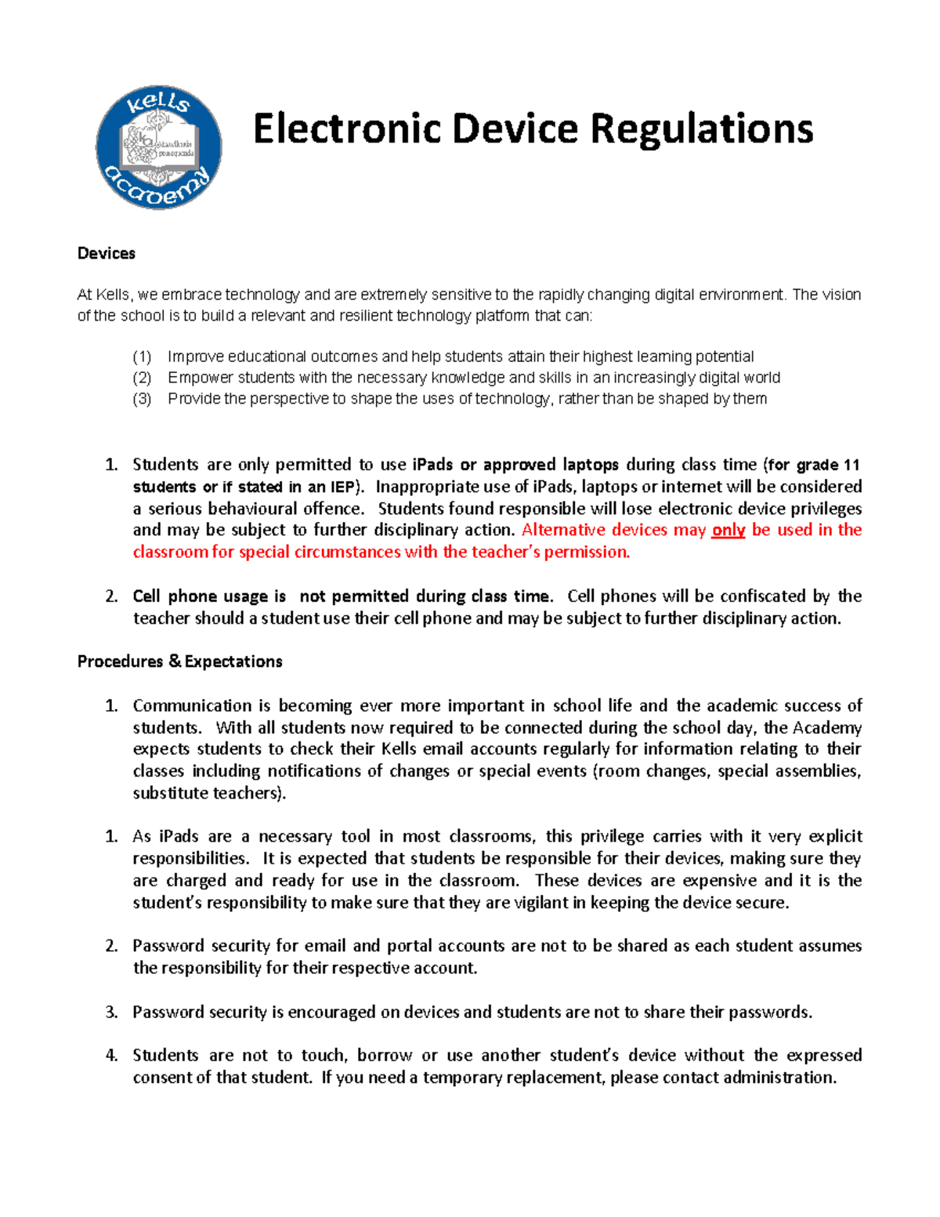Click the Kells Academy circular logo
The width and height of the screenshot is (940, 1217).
(x=159, y=147)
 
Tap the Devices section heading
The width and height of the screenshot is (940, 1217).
(x=107, y=253)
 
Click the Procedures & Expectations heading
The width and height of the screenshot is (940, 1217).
(x=179, y=661)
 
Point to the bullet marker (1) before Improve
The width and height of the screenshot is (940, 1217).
(x=142, y=357)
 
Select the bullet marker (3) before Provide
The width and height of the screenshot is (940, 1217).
(x=142, y=399)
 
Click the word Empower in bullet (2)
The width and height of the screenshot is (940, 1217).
(x=200, y=378)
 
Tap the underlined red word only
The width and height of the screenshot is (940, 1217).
(x=728, y=531)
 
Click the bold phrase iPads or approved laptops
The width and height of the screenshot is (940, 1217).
(x=515, y=465)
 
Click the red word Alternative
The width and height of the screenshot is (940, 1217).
(x=562, y=531)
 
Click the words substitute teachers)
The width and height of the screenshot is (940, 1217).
(x=209, y=793)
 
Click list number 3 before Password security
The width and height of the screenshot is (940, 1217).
(x=111, y=1012)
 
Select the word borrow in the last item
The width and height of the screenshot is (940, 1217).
(x=384, y=1056)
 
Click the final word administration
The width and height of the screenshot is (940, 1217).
(x=779, y=1078)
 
